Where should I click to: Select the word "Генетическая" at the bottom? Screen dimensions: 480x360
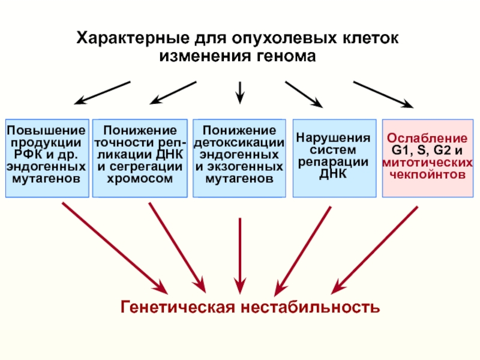[178, 307]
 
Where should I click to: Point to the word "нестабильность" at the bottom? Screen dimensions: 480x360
[310, 307]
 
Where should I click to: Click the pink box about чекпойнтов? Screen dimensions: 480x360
[428, 158]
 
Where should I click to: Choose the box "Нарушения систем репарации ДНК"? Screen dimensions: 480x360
[335, 158]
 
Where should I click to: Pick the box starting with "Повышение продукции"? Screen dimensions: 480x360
[47, 158]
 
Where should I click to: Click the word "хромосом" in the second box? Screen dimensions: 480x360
[140, 178]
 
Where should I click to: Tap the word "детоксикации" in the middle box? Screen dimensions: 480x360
[239, 143]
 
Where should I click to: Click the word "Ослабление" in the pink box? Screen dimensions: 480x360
[427, 138]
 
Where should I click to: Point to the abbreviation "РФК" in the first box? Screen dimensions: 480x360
[28, 155]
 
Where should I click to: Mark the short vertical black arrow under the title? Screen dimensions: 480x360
[240, 93]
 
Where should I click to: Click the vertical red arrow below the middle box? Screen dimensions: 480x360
[240, 256]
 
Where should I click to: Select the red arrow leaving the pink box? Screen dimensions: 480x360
[374, 250]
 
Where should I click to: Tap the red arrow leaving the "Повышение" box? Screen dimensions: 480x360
[115, 248]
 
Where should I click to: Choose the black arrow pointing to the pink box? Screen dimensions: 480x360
[383, 95]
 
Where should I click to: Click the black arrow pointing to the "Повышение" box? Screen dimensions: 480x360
[102, 93]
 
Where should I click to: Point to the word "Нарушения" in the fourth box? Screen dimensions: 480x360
[333, 138]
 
